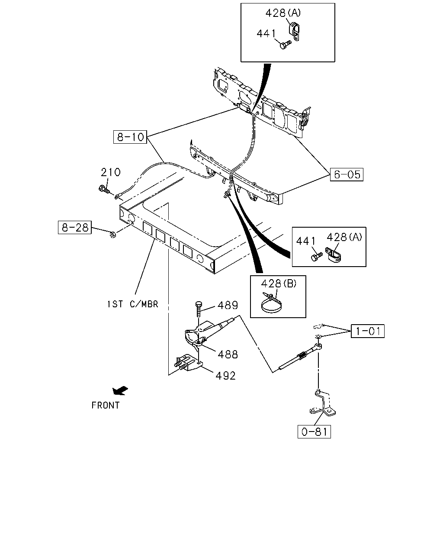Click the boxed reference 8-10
(130, 137)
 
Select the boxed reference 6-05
(347, 174)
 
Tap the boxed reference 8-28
(75, 227)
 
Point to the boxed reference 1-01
(368, 331)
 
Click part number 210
(110, 172)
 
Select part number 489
(228, 305)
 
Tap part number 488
(228, 354)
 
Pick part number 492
(226, 376)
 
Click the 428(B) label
(279, 283)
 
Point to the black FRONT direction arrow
(120, 390)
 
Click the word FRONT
(106, 406)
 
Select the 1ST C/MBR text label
(132, 304)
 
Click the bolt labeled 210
(104, 190)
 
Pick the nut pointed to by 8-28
(113, 235)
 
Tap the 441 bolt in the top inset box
(285, 45)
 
